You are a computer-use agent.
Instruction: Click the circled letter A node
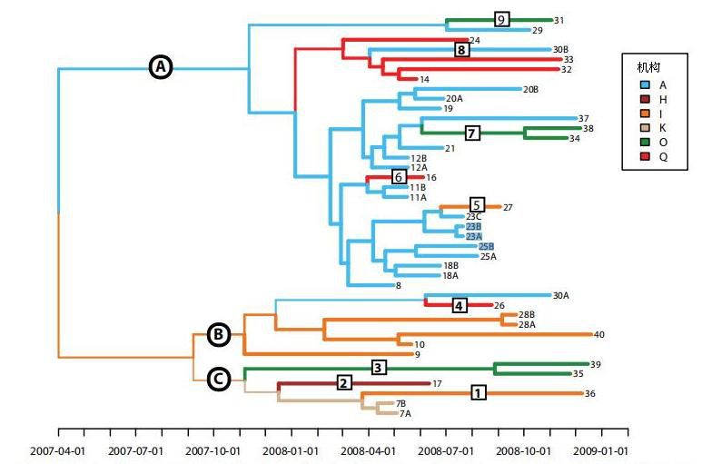point(161,66)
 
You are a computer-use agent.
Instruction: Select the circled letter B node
point(219,334)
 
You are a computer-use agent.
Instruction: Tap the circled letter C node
point(219,379)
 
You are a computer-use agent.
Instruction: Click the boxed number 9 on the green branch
point(501,19)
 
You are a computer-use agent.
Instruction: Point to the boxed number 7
point(472,133)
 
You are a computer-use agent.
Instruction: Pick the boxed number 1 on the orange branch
point(478,392)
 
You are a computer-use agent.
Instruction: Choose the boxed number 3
point(380,367)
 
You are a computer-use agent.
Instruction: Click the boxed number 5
point(478,204)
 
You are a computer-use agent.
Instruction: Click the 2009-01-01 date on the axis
point(601,449)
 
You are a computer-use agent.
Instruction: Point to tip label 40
point(598,335)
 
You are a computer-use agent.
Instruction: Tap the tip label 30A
point(561,295)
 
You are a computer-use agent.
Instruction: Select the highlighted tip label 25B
point(486,246)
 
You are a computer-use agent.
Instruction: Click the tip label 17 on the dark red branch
point(437,384)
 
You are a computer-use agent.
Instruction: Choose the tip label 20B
point(531,89)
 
